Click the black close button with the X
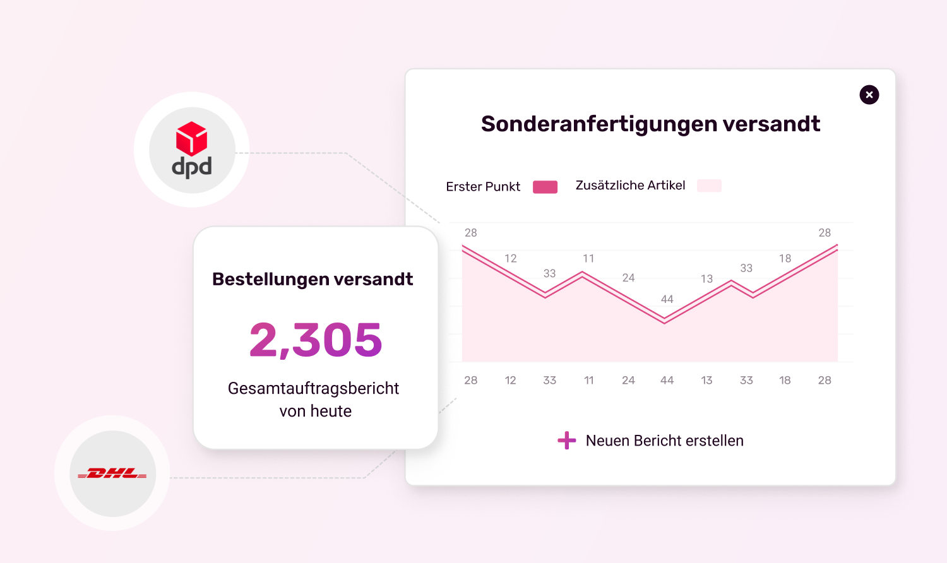pos(869,95)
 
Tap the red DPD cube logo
pos(191,138)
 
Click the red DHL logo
pos(112,473)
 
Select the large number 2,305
pos(316,340)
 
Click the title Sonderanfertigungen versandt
pos(650,124)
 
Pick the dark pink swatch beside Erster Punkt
pos(545,187)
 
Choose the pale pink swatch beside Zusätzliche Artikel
pos(709,186)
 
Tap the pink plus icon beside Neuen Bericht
pos(567,441)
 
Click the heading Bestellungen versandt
pos(313,279)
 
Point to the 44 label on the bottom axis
pos(667,381)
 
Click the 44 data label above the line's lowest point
pos(667,299)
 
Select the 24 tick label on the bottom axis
pos(628,381)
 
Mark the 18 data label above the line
pos(785,259)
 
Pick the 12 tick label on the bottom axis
pos(510,381)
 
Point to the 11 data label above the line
pos(588,259)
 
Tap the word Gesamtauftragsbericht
pos(313,388)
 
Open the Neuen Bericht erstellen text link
pos(664,441)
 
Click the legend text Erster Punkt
pos(483,187)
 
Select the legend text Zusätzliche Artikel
pos(630,186)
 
